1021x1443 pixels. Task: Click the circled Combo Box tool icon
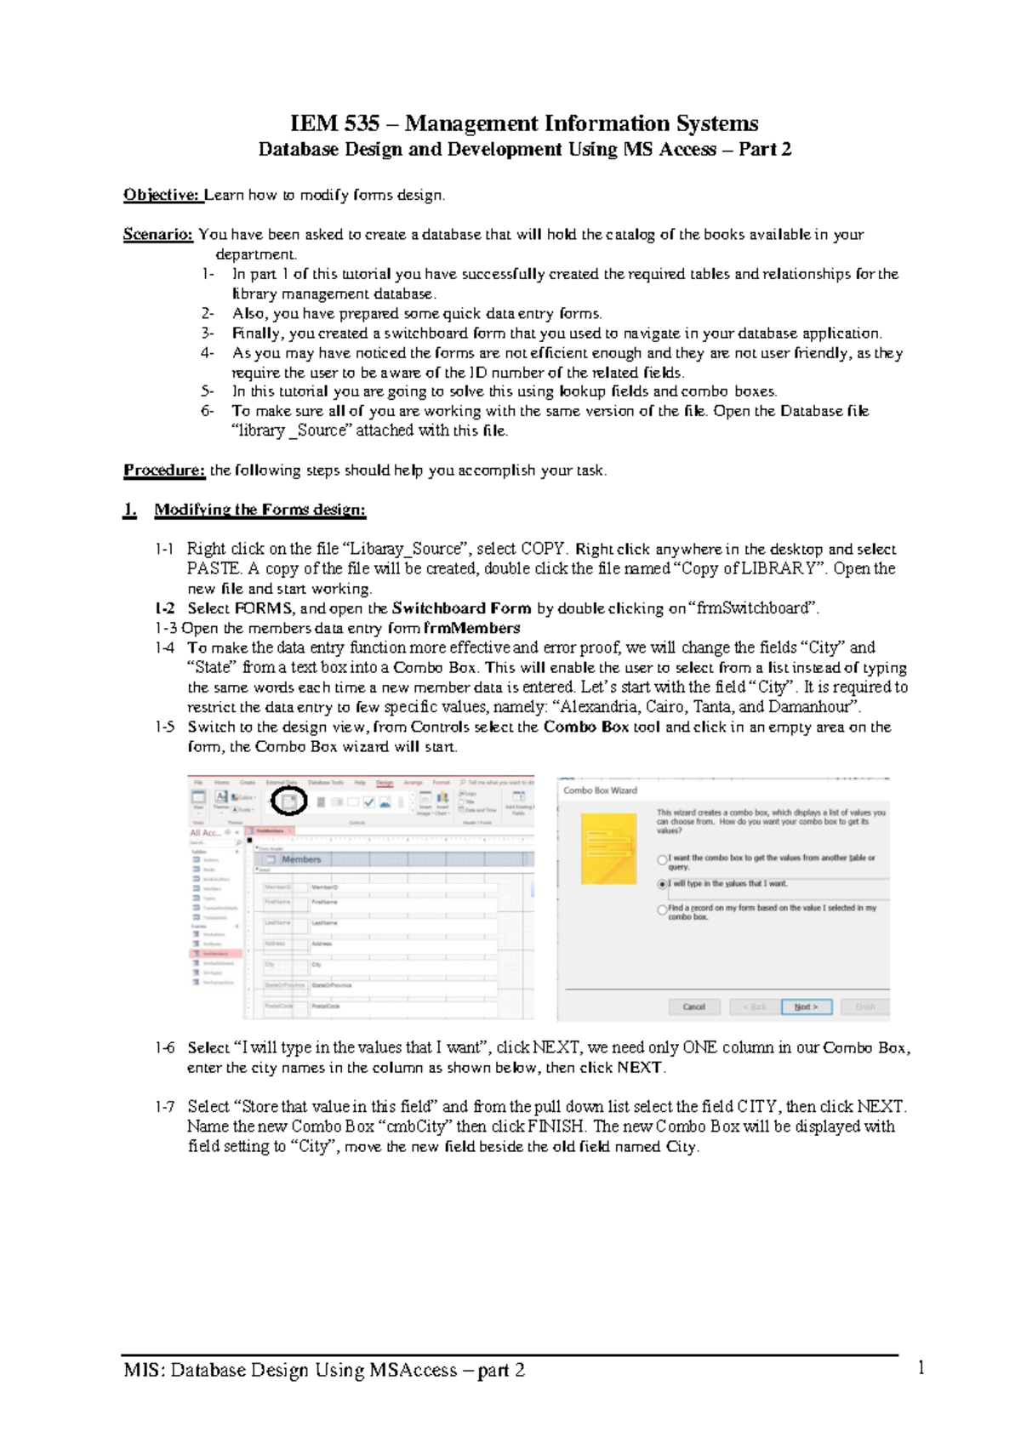(x=288, y=801)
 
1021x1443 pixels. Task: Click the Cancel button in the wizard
(x=693, y=1007)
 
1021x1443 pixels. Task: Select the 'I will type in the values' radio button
(x=663, y=884)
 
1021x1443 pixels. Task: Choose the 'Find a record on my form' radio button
(x=663, y=910)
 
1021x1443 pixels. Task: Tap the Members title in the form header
(x=301, y=859)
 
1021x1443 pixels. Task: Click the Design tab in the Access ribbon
(x=385, y=783)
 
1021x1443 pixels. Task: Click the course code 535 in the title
(x=362, y=124)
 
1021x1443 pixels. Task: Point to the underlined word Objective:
(x=162, y=195)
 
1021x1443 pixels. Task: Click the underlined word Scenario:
(x=158, y=234)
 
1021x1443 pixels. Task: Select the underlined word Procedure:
(x=164, y=470)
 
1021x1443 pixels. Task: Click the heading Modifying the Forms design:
(x=260, y=510)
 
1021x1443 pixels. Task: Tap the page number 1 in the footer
(x=921, y=1368)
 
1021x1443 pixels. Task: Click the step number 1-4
(x=165, y=647)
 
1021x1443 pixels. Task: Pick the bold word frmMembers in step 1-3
(x=471, y=628)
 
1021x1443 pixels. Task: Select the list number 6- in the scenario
(x=208, y=411)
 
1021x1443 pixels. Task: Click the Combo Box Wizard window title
(x=600, y=790)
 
